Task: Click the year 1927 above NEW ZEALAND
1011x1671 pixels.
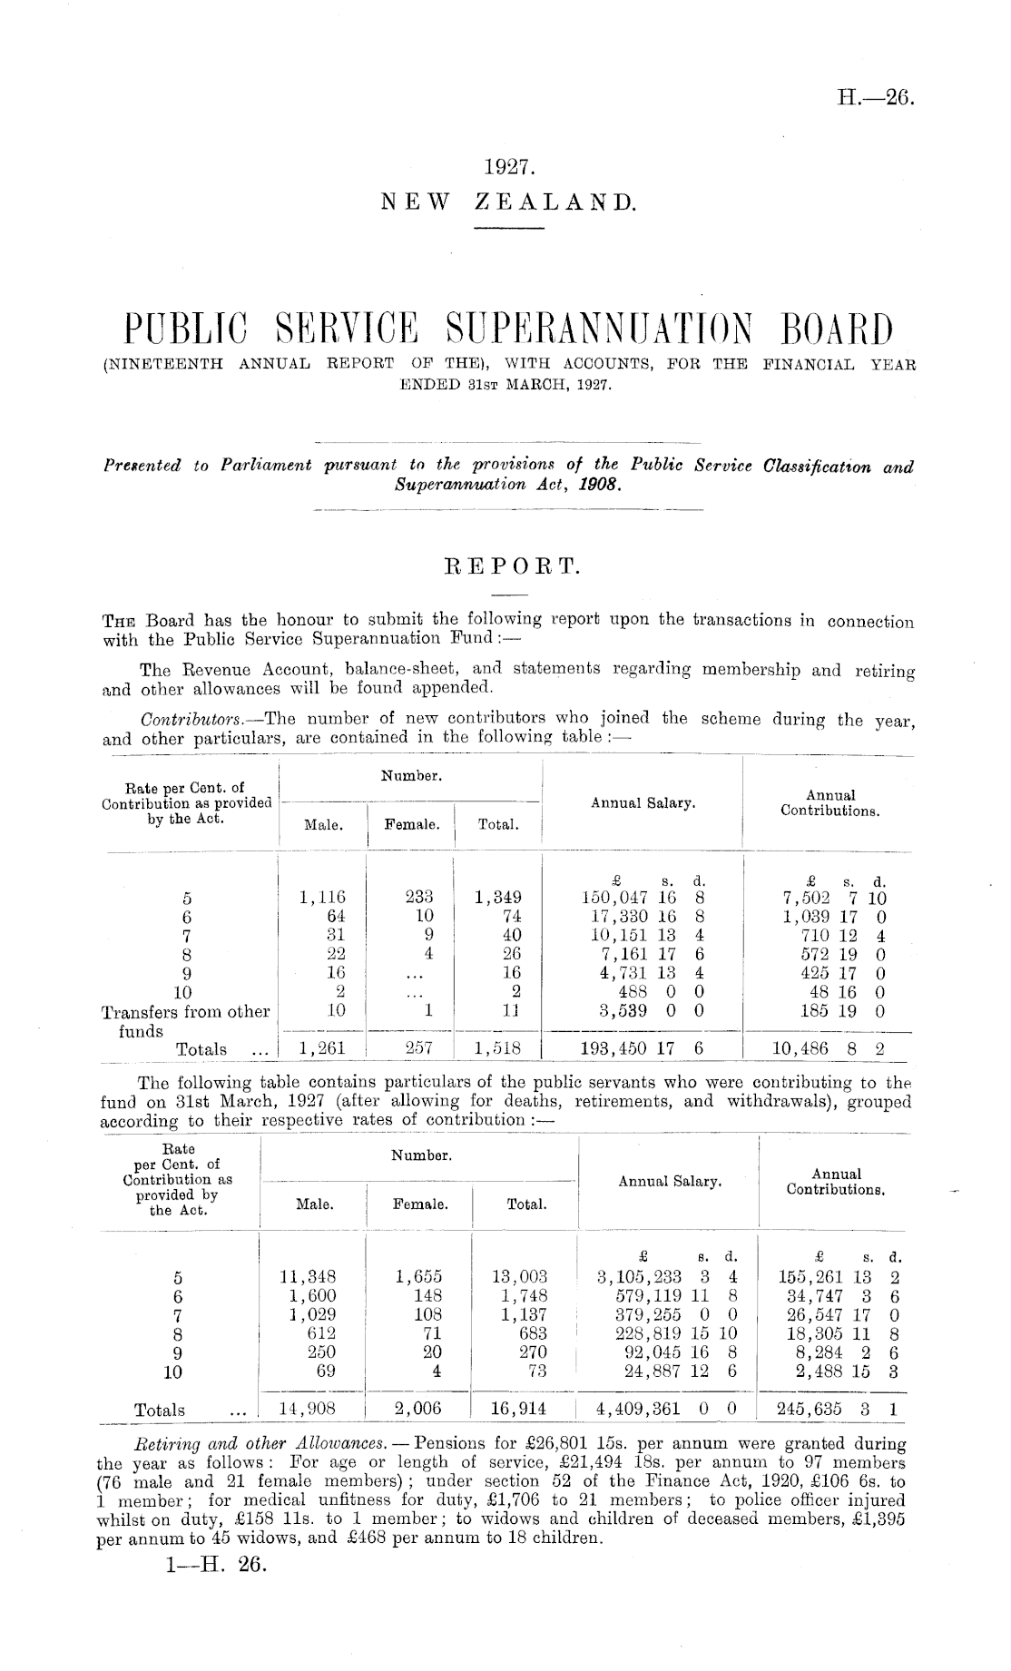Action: pos(506,168)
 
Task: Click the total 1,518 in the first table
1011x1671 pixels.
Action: pos(498,1049)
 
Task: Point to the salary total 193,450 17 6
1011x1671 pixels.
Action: pos(643,1049)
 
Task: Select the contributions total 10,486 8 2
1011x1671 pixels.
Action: pos(829,1049)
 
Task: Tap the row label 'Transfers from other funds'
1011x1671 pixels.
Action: pos(185,1021)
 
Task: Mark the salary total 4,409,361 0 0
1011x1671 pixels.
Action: pos(665,1409)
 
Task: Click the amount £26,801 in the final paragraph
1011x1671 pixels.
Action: pos(536,1442)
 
